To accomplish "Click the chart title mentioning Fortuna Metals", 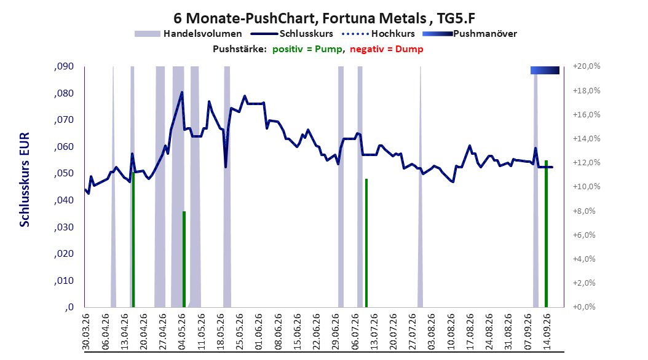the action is tap(324, 18).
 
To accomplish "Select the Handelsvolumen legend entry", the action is tap(188, 34).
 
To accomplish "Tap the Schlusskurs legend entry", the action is tap(292, 34).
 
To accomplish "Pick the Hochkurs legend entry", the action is tap(379, 34).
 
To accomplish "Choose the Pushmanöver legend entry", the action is tap(470, 34).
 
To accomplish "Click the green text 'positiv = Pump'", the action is tap(307, 49).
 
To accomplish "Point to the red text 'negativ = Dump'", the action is tap(387, 49).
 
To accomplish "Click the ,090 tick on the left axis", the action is tap(64, 66).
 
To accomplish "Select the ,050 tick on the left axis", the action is tap(64, 173).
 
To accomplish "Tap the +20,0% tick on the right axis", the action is tap(587, 66).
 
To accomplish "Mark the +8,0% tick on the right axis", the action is tap(585, 211).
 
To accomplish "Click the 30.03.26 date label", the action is tap(86, 332).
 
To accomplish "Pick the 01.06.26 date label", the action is tap(259, 332).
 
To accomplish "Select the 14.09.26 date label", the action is tap(547, 332).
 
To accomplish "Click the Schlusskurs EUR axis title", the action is tap(25, 179).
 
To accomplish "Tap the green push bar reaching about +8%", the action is tap(184, 259).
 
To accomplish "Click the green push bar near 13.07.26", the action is tap(366, 243).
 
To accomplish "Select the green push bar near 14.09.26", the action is tap(546, 233).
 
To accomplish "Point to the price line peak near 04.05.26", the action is tap(182, 92).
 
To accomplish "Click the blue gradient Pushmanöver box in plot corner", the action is tap(545, 70).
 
